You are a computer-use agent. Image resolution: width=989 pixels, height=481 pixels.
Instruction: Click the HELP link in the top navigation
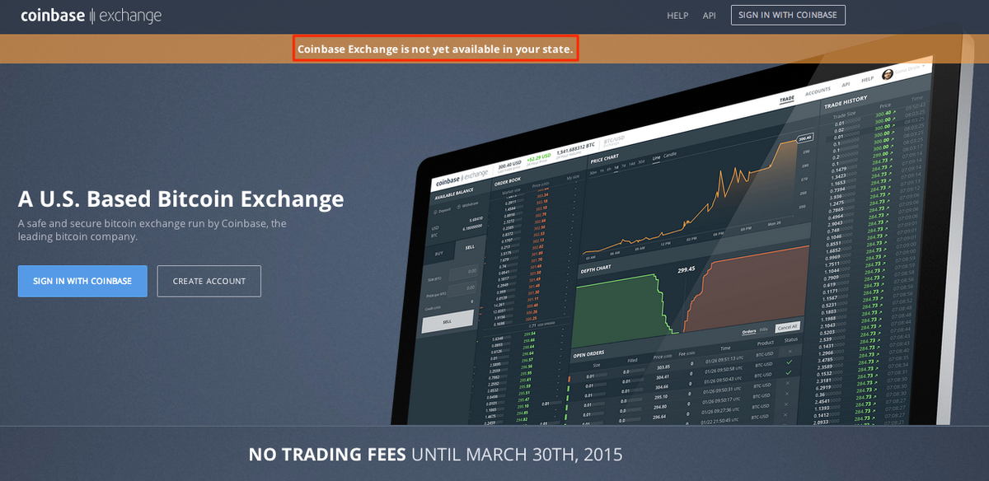(677, 16)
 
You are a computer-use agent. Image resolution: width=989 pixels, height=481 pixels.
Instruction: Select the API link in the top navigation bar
(709, 16)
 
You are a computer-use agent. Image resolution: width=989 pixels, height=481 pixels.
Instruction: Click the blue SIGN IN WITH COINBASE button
(82, 281)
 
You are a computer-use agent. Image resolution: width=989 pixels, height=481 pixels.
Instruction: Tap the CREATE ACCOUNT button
(209, 281)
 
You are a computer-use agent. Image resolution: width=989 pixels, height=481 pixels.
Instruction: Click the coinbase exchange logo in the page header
(91, 16)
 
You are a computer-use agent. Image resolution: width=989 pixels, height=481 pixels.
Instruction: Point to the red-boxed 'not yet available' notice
(434, 49)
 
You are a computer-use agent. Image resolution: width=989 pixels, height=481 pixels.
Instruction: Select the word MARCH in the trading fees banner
(504, 454)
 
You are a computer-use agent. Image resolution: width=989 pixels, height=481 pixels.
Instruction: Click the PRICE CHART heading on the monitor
(604, 158)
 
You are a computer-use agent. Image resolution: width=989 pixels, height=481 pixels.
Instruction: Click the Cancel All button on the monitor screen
(787, 327)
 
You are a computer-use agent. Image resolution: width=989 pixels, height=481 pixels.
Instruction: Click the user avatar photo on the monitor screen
(888, 74)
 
